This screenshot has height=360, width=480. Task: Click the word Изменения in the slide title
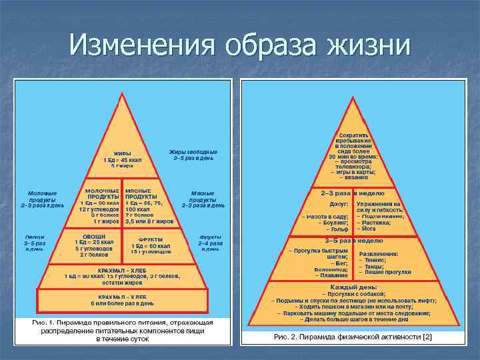tap(141, 45)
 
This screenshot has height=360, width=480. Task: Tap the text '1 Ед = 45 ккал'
tap(122, 159)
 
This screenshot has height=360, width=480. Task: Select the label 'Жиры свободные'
tap(193, 152)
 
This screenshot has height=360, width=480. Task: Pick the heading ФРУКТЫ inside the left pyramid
tap(150, 239)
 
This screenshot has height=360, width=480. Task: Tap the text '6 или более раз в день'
tap(122, 303)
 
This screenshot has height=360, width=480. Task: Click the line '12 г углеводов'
tap(99, 209)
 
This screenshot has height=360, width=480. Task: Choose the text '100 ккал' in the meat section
tap(137, 209)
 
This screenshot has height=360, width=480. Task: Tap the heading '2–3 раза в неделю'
tap(353, 193)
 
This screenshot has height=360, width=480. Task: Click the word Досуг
tap(339, 204)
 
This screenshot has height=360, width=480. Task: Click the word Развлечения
tap(379, 254)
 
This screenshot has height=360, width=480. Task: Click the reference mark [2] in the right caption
tap(427, 337)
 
